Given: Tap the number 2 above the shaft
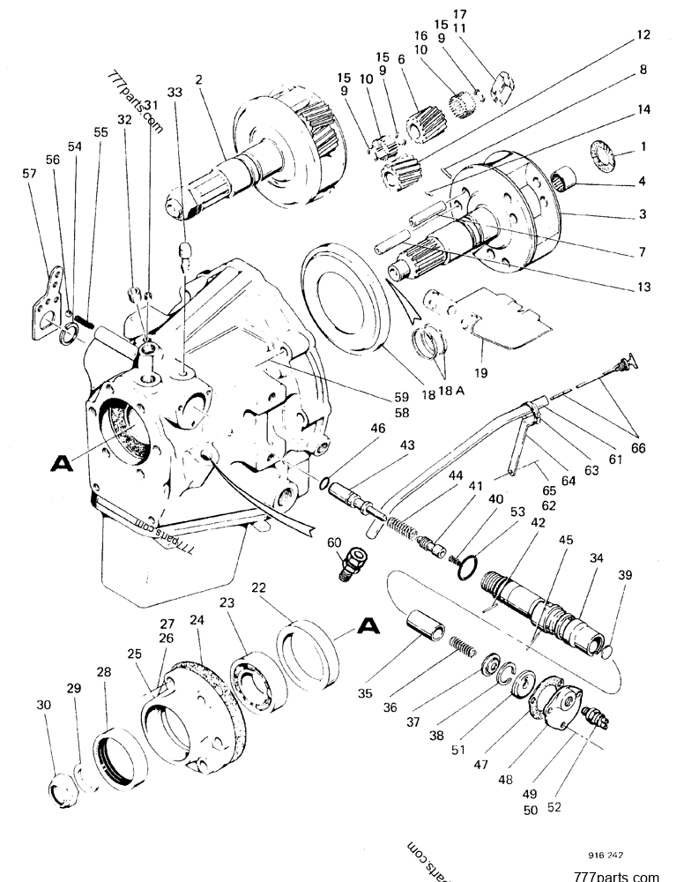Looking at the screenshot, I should (199, 79).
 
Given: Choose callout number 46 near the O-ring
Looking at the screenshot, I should (378, 428).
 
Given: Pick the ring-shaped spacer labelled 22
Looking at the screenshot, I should (310, 654).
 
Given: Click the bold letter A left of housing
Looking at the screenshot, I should (61, 461).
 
